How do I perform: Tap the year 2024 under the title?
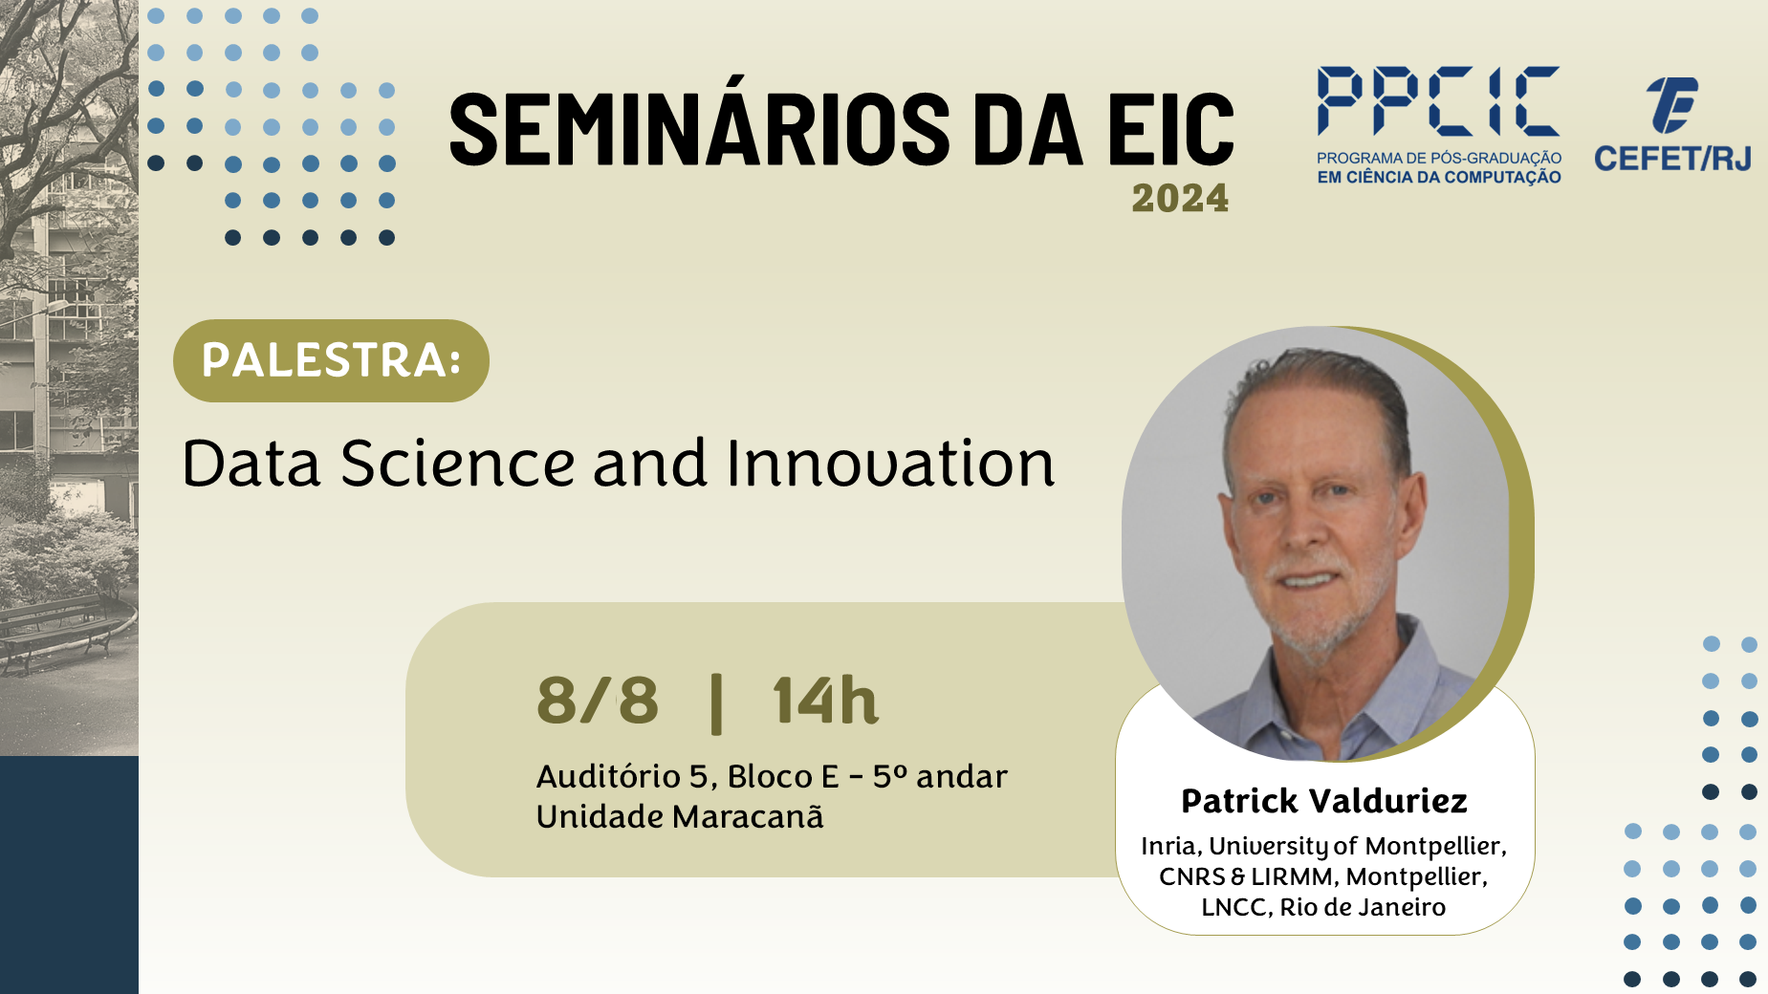click(x=1180, y=199)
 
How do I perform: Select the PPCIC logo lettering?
click(x=1438, y=100)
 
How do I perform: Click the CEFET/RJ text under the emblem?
click(x=1672, y=158)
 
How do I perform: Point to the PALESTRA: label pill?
click(x=331, y=360)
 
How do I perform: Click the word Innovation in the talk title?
click(x=890, y=464)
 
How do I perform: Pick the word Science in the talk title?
click(x=458, y=464)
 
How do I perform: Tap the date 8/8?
click(x=598, y=701)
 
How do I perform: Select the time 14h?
click(x=825, y=701)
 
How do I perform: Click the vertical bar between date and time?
click(x=716, y=703)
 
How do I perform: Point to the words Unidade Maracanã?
click(x=680, y=817)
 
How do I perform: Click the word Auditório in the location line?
click(x=608, y=776)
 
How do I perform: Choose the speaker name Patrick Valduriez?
click(x=1324, y=801)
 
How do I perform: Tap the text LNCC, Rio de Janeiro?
click(x=1323, y=907)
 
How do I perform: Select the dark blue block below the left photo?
click(x=69, y=875)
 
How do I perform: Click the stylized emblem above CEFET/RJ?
click(x=1671, y=104)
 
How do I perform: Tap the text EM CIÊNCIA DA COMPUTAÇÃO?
click(x=1439, y=178)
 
